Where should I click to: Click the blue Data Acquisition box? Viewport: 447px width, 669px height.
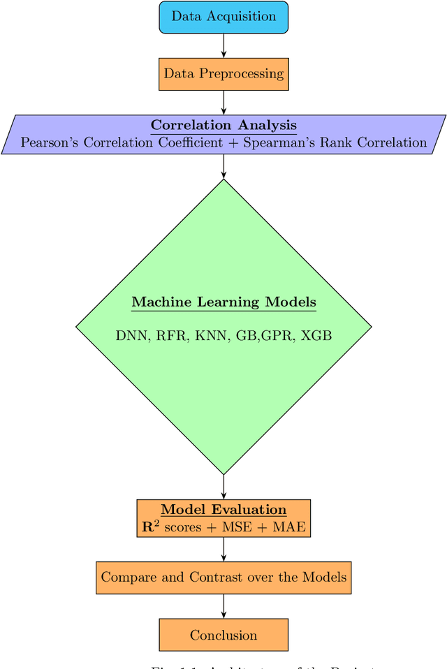[x=223, y=17]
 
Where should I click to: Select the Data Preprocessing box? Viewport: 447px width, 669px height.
[x=223, y=73]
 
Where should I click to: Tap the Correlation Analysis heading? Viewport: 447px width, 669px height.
[x=223, y=126]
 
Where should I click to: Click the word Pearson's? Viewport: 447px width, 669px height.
[x=50, y=142]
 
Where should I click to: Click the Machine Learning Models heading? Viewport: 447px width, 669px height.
[x=223, y=302]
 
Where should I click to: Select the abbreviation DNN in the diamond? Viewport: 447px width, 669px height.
[x=131, y=336]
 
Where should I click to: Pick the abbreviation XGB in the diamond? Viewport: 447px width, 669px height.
[x=316, y=336]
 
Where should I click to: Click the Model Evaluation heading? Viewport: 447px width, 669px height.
[x=223, y=510]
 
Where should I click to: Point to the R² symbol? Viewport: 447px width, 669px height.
[x=149, y=527]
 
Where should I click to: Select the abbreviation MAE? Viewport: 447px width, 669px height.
[x=289, y=527]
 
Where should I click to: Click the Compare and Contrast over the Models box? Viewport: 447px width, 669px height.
[x=223, y=578]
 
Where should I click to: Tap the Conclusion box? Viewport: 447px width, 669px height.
[x=223, y=635]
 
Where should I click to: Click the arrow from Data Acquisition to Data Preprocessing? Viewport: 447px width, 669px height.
[x=223, y=45]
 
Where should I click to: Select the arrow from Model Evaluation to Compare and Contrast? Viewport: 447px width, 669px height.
[x=223, y=549]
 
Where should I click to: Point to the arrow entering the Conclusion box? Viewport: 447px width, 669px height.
[x=223, y=606]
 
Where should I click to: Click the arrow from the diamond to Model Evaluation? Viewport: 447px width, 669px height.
[x=223, y=487]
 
